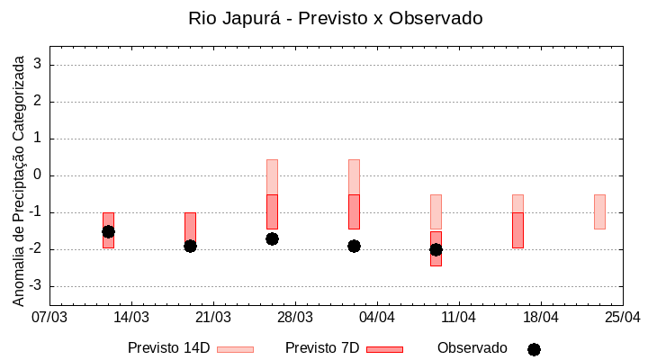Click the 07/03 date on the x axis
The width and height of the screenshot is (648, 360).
tap(49, 318)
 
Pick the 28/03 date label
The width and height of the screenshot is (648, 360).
tap(295, 318)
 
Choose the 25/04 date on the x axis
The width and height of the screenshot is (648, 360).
tap(623, 318)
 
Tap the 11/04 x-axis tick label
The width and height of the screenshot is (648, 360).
tap(459, 318)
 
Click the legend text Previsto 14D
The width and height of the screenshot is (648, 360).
tap(168, 348)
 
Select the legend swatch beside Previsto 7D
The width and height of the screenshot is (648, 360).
tap(384, 349)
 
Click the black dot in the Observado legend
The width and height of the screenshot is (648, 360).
tap(534, 349)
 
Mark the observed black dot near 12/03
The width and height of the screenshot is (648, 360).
tap(108, 231)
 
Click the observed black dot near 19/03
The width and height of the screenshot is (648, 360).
tap(190, 246)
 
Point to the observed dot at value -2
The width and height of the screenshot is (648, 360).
tap(436, 249)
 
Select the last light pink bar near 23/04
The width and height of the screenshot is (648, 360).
tap(599, 211)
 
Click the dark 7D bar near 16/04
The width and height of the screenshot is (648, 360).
tap(517, 230)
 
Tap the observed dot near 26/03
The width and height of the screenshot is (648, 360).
tap(272, 238)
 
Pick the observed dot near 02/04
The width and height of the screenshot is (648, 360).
tap(354, 246)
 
